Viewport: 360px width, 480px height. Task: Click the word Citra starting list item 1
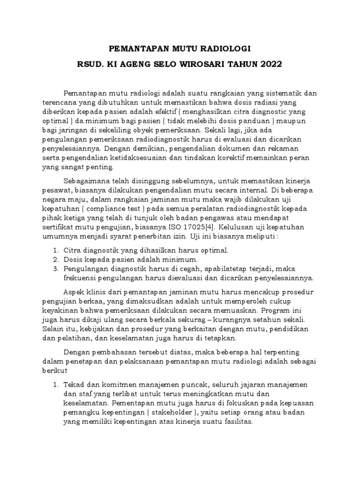(x=71, y=250)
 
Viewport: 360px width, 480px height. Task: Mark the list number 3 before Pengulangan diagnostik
(x=55, y=269)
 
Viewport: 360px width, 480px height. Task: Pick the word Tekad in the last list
(x=72, y=385)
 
